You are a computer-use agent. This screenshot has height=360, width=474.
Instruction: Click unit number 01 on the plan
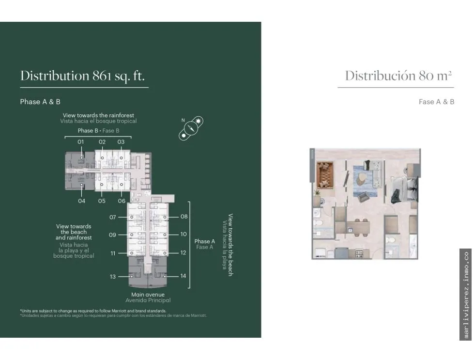click(x=81, y=142)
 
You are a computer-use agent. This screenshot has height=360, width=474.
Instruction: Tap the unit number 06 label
click(x=122, y=201)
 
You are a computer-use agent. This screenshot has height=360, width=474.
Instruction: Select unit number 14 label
click(x=183, y=276)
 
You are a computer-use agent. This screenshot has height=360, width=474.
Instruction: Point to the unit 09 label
click(x=112, y=235)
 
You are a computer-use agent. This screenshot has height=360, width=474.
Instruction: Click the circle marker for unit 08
click(x=165, y=217)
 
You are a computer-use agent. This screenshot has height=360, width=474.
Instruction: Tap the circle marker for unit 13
click(x=132, y=277)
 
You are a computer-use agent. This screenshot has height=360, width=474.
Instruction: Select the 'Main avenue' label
click(x=148, y=295)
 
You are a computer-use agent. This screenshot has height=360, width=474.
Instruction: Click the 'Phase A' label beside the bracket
click(x=205, y=241)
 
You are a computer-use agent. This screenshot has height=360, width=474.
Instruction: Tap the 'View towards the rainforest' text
click(x=98, y=115)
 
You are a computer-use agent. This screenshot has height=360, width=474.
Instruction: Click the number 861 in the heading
click(x=102, y=76)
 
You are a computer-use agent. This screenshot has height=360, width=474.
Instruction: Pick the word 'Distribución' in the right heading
click(x=380, y=76)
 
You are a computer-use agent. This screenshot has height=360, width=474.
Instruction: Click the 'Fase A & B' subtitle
click(x=437, y=102)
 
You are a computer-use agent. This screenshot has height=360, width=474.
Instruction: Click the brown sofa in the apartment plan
click(x=325, y=175)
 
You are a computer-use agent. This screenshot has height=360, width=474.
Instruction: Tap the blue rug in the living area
click(x=365, y=181)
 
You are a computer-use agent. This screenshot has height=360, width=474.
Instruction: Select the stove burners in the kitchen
click(x=359, y=253)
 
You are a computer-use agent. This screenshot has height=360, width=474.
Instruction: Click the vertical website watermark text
click(x=466, y=295)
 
